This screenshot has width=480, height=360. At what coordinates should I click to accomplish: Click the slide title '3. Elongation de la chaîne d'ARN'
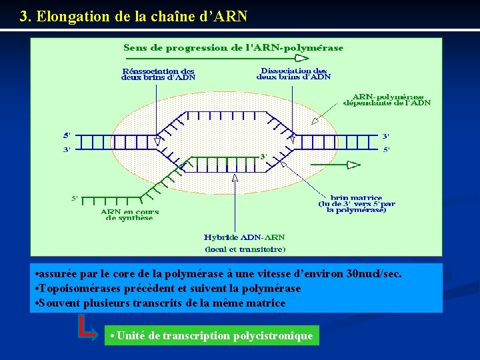point(133,16)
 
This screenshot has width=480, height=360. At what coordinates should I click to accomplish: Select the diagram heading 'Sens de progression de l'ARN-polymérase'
point(233,47)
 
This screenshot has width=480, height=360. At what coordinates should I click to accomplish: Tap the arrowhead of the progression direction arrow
point(302,58)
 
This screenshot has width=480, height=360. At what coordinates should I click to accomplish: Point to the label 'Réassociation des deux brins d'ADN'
point(158,73)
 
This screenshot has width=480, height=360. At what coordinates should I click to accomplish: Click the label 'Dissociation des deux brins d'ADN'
point(293,73)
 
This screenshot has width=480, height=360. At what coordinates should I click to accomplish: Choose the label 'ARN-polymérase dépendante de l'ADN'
point(387,100)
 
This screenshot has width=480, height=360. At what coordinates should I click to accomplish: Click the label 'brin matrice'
point(357,197)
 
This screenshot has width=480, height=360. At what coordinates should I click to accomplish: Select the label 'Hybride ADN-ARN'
point(244,237)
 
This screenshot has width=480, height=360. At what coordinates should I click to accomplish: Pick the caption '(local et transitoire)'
point(244,249)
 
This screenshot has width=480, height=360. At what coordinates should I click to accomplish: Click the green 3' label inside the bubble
point(263,156)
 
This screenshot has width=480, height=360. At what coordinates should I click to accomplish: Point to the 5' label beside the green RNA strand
point(75,198)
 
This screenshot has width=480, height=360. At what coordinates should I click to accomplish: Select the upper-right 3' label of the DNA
point(385,137)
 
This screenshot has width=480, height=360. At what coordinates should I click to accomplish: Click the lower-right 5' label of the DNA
point(385,149)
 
